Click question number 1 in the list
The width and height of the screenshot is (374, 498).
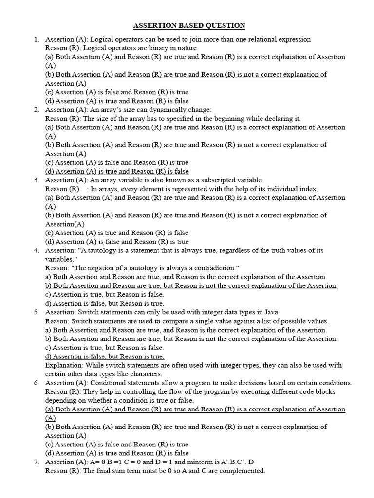[36, 39]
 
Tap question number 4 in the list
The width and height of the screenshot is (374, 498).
[36, 250]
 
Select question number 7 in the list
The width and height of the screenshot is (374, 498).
[36, 462]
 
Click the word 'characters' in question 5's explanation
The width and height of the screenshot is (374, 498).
[145, 374]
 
